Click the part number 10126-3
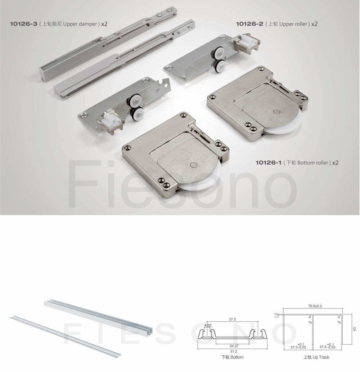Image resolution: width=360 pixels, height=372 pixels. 23,24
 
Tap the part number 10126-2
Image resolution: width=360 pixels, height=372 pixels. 249,24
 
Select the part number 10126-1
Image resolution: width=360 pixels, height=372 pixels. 268,163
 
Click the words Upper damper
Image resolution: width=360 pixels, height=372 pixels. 80,24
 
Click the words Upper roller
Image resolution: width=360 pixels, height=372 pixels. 293,24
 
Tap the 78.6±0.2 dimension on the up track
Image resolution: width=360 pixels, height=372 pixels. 315,306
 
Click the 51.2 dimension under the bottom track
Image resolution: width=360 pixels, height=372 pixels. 234,351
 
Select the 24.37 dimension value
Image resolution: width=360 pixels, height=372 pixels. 234,346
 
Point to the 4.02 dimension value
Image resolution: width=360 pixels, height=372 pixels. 208,325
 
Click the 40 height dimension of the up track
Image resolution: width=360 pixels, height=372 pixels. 355,329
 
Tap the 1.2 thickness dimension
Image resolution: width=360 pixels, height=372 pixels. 276,315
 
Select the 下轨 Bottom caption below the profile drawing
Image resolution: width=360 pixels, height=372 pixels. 233,357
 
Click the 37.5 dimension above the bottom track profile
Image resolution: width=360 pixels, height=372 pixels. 233,319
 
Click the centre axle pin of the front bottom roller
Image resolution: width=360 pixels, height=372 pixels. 194,165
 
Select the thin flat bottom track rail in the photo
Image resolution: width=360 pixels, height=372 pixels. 65,335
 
